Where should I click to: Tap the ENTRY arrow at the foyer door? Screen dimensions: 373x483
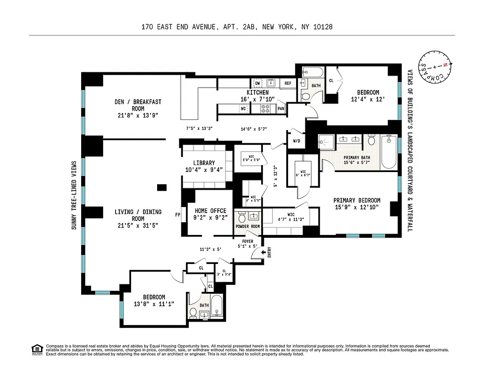click(263, 252)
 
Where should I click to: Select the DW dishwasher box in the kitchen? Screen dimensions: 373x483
click(257, 83)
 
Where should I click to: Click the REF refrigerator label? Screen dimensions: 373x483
click(288, 83)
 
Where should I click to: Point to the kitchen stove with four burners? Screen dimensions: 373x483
click(265, 109)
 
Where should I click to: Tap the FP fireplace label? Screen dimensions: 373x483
click(178, 215)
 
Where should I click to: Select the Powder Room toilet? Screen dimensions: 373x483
click(242, 218)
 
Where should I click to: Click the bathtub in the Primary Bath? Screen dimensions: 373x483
click(389, 152)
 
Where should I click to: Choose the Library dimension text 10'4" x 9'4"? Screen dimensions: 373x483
click(204, 170)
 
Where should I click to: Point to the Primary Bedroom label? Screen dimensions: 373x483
click(357, 200)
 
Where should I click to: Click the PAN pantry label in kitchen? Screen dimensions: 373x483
click(281, 109)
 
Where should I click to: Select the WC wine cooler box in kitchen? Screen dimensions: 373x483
click(242, 109)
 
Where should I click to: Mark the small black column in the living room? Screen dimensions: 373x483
click(162, 187)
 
